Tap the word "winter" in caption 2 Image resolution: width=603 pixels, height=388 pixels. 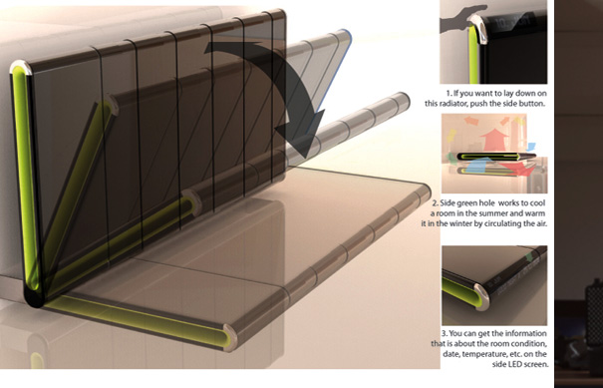(457, 223)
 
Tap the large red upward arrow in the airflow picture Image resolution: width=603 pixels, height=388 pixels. (494, 140)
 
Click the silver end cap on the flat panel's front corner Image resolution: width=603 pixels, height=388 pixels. (230, 337)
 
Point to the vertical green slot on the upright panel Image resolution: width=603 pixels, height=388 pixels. (26, 178)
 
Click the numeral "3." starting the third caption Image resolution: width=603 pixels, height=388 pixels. (445, 333)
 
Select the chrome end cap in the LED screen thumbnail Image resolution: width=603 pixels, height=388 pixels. (481, 297)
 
